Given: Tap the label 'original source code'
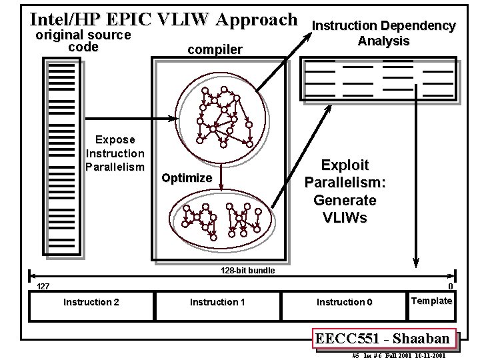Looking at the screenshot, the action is [x=83, y=41].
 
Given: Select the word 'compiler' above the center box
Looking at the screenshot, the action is [x=215, y=49].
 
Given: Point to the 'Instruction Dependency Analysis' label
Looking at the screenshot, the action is [x=384, y=33].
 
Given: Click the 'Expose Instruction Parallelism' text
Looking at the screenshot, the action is [x=115, y=153].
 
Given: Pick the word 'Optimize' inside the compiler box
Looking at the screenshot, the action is [x=187, y=178].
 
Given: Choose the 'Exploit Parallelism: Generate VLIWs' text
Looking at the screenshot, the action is [x=345, y=191].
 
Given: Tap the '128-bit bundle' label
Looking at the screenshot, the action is [x=247, y=271].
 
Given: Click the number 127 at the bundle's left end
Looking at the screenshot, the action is [x=43, y=287].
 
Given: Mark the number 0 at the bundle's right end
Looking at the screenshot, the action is [x=451, y=287].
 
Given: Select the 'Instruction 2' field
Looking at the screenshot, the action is [x=91, y=303].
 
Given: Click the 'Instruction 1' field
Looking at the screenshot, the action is [x=217, y=303].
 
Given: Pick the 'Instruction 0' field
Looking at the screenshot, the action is [x=344, y=303].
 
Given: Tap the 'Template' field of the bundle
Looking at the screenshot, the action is [x=432, y=301].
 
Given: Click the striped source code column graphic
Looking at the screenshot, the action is [x=62, y=157].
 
